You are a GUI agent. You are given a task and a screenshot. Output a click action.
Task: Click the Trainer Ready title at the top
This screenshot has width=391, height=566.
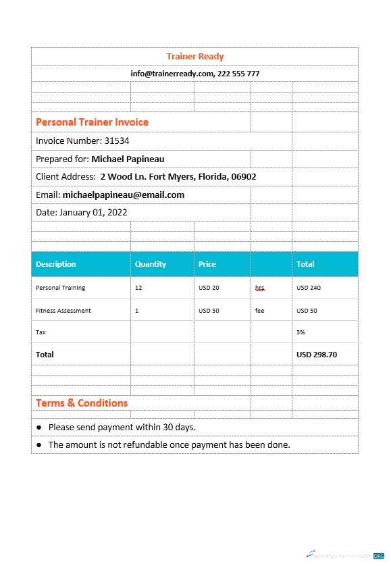(195, 57)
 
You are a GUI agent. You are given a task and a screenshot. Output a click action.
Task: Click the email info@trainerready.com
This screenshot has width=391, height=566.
(172, 74)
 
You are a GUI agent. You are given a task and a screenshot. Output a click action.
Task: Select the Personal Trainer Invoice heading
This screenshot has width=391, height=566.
(92, 122)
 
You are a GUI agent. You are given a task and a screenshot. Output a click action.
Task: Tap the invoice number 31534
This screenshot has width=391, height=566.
(117, 141)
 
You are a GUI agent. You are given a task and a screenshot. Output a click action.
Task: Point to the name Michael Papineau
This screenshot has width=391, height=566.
(128, 159)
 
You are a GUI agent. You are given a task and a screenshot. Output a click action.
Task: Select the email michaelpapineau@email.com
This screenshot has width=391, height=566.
(123, 195)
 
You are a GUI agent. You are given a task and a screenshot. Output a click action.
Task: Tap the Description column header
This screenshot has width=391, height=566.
(56, 264)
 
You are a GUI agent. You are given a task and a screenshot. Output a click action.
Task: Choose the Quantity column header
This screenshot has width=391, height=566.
(151, 264)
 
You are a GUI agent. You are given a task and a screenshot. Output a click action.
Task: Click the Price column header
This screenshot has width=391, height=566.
(207, 264)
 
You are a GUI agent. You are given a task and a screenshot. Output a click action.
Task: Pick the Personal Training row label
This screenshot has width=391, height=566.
(60, 288)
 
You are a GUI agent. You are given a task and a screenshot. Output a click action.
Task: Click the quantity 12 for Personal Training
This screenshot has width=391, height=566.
(138, 288)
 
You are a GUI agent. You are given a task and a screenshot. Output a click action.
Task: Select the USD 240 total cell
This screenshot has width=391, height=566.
(309, 288)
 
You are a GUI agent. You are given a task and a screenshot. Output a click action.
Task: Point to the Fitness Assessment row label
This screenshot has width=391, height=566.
(63, 311)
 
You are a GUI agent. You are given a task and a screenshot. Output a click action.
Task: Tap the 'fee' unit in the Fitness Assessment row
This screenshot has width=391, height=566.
(260, 311)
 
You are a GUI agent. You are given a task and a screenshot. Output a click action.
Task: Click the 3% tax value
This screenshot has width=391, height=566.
(301, 332)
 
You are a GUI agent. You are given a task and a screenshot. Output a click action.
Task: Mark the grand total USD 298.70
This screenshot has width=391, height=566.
(317, 355)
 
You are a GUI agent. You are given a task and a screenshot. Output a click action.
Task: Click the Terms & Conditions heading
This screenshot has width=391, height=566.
(82, 403)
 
